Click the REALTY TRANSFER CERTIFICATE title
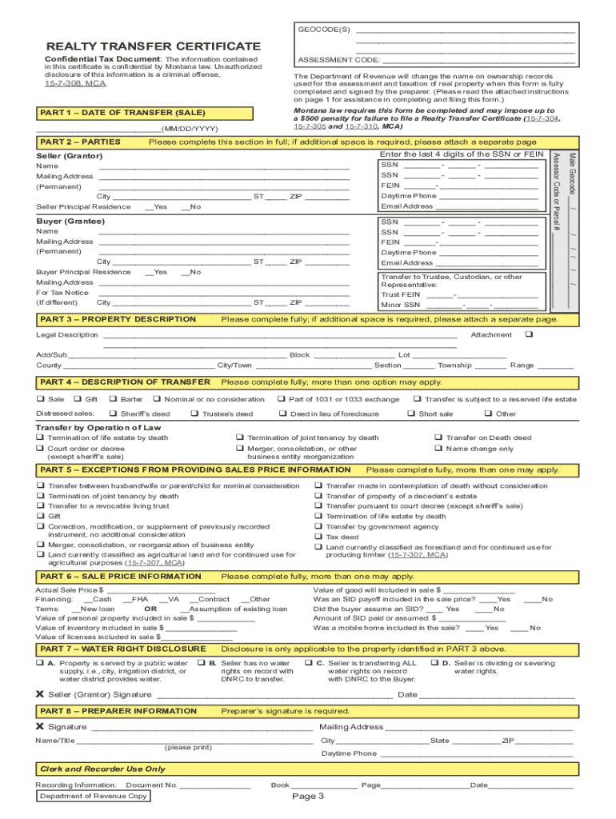coord(153,47)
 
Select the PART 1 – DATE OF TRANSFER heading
coord(122,113)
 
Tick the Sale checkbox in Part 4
coord(40,399)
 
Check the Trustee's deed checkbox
coord(194,413)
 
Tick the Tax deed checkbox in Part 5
coord(318,537)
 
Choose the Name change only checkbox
coord(438,449)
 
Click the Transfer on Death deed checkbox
coord(438,437)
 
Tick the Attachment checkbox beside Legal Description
coord(528,334)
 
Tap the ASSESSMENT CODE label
coord(338,59)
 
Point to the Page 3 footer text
coord(307,797)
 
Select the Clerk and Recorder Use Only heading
coord(102,769)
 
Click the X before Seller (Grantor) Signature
coord(40,694)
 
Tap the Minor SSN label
coord(400,305)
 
